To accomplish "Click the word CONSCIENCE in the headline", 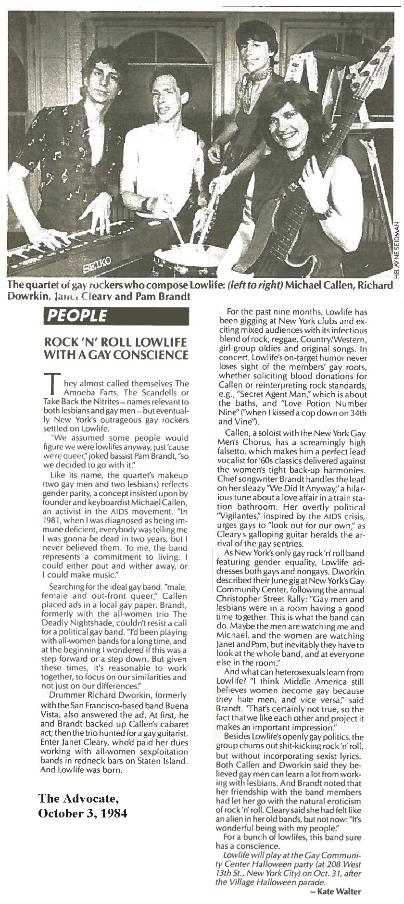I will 155,355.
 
